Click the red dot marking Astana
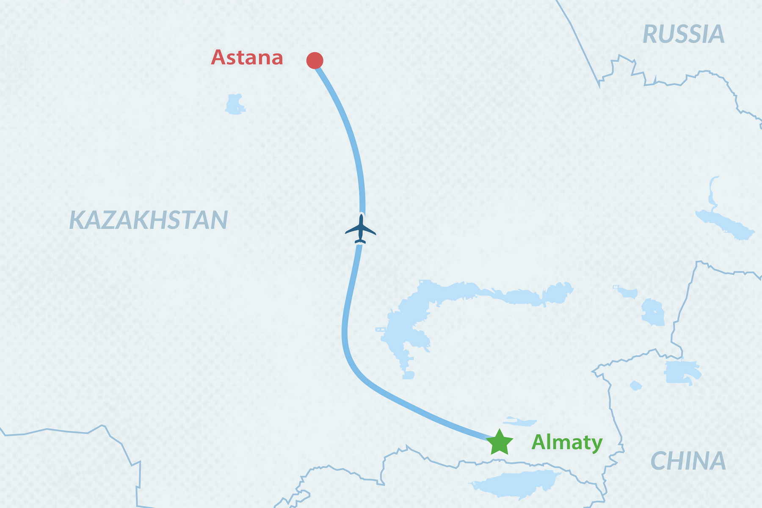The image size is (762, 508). (x=315, y=61)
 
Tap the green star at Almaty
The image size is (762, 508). (x=500, y=443)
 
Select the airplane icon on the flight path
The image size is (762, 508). (x=360, y=229)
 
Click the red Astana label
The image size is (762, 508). (x=247, y=58)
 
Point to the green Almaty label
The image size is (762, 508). (x=567, y=443)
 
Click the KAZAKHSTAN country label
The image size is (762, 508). (x=148, y=220)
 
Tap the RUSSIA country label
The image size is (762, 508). (x=683, y=34)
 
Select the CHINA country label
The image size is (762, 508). (x=688, y=461)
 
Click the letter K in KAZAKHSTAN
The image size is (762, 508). (x=77, y=220)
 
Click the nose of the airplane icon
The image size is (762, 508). (x=361, y=216)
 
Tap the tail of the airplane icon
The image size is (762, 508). (x=360, y=242)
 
